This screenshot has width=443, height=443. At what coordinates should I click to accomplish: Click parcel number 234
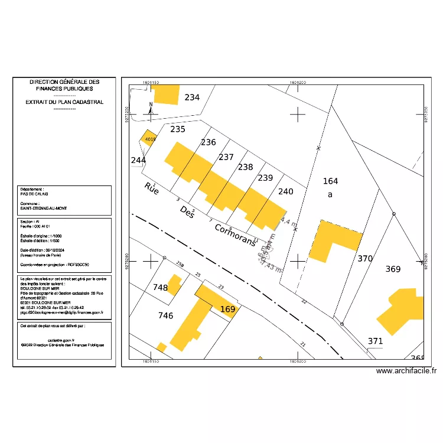192,97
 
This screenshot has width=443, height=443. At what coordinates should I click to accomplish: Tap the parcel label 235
178,129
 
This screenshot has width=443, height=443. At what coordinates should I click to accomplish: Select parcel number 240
285,191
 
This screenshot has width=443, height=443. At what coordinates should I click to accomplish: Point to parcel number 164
330,181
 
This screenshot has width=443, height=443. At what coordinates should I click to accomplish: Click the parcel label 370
365,259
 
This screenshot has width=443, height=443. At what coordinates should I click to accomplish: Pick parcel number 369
393,269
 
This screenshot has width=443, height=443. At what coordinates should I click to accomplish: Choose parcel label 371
375,341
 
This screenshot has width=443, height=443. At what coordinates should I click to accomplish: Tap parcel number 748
160,288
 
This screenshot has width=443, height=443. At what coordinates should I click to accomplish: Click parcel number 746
166,316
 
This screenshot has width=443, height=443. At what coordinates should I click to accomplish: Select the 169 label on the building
227,309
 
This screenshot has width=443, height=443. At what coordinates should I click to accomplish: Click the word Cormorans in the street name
234,234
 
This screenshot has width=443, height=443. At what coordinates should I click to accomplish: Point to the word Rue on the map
152,190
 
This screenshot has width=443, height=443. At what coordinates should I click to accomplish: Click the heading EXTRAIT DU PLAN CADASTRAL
64,102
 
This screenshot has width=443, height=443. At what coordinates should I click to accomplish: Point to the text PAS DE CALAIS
35,194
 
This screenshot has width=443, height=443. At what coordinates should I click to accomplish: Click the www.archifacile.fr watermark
406,371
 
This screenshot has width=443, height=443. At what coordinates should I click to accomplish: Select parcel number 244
138,161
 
